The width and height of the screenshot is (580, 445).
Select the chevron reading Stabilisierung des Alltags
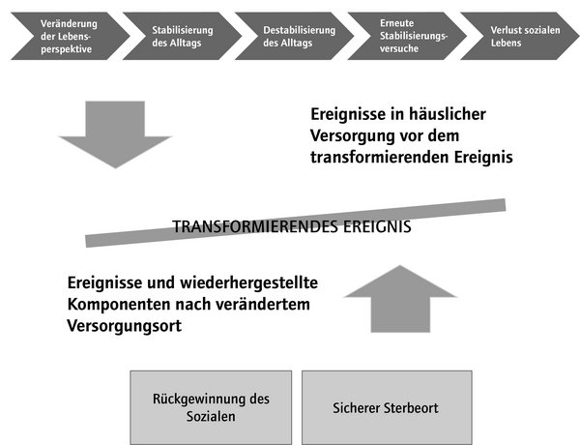[x=183, y=36]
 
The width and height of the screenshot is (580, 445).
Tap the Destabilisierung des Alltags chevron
[x=295, y=36]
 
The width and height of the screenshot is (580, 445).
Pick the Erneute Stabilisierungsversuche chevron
[x=407, y=36]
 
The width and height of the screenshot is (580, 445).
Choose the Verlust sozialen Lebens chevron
[x=520, y=36]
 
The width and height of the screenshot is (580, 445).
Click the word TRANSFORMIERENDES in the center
[x=255, y=226]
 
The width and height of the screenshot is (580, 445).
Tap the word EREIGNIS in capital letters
[x=377, y=226]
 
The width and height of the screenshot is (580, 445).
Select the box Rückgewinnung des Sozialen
[x=211, y=407]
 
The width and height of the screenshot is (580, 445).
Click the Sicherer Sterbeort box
[x=387, y=407]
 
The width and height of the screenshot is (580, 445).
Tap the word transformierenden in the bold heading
[x=380, y=158]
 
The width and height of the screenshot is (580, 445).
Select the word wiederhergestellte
[x=249, y=283]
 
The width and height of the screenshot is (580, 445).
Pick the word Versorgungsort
[x=125, y=327]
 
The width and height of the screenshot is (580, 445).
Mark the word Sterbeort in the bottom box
[x=412, y=408]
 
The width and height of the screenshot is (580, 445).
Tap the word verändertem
[x=263, y=305]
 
